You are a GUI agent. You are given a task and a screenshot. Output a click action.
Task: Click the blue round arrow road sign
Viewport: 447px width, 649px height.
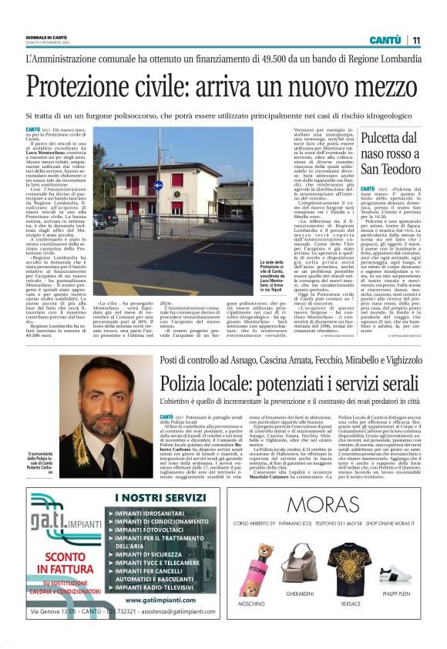159,185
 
